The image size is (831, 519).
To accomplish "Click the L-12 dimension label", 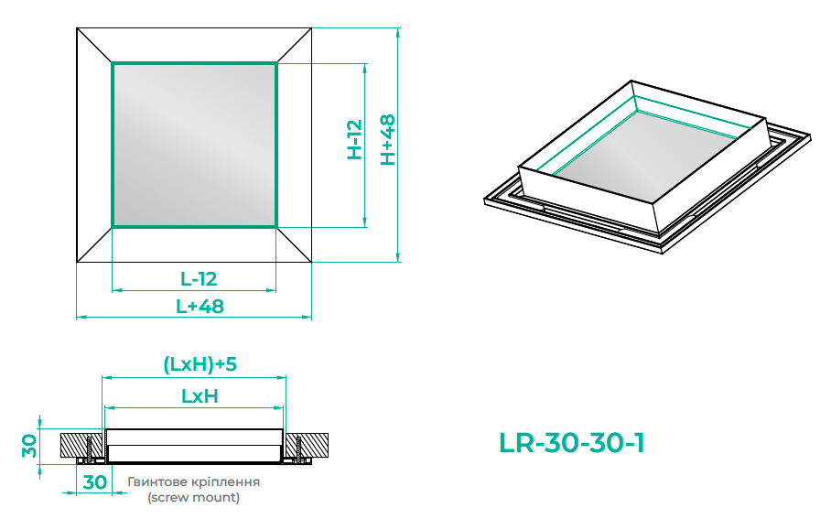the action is click(199, 279).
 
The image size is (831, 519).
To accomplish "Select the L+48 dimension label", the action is click(200, 307).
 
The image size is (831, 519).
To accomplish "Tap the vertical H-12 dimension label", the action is click(354, 139).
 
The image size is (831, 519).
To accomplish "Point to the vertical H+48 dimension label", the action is click(388, 140).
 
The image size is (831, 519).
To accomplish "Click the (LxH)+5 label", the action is click(200, 364).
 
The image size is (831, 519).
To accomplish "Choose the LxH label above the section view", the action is click(200, 396).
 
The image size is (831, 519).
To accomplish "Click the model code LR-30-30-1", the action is click(572, 443).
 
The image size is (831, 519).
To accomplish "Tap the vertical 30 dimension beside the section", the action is click(29, 446).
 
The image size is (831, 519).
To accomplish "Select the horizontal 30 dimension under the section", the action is click(95, 481).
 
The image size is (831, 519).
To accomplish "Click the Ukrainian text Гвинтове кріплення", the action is click(193, 481).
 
